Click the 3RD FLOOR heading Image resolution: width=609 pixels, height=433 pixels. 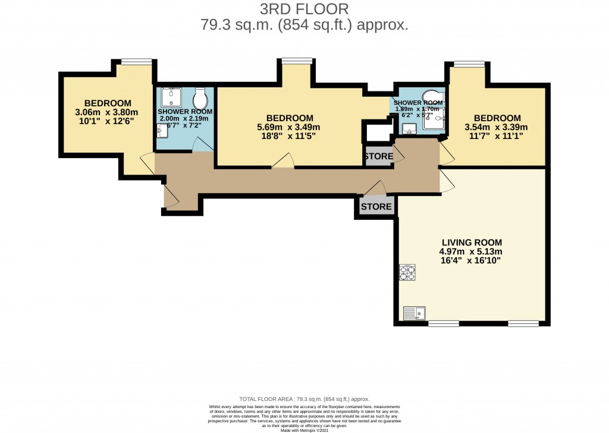[304, 9]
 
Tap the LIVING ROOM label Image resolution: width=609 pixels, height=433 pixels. [472, 242]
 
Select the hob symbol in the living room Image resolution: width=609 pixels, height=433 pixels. [407, 273]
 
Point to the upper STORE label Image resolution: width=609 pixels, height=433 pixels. [378, 157]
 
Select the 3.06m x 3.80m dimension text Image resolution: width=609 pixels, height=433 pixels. [106, 112]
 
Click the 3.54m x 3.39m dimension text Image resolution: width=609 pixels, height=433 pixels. [495, 127]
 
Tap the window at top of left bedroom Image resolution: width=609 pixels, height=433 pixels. [136, 61]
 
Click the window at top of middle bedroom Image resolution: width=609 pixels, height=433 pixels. [297, 59]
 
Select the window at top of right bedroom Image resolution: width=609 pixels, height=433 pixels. [469, 62]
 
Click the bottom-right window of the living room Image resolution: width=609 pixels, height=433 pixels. [523, 323]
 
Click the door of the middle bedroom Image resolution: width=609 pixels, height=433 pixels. [283, 161]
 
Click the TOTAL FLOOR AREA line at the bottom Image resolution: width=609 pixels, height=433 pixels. [304, 399]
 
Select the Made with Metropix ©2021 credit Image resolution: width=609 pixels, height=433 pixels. [304, 430]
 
